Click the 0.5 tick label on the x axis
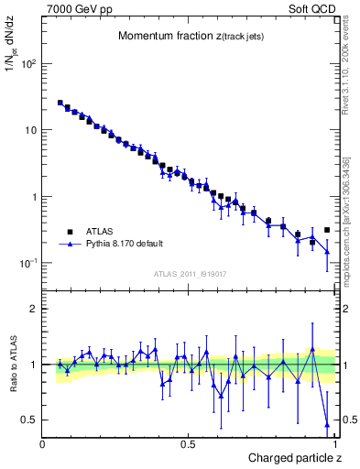(x=188, y=443)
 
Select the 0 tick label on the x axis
(x=43, y=443)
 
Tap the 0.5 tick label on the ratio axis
(x=29, y=420)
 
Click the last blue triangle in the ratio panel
(x=327, y=424)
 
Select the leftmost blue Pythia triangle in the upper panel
(x=60, y=104)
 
